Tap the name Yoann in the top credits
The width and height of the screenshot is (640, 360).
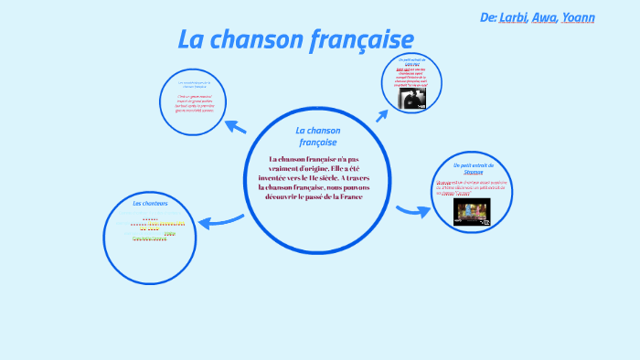[580, 17]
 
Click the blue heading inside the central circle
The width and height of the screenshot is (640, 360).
[317, 136]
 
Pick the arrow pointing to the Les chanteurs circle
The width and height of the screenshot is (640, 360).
[220, 219]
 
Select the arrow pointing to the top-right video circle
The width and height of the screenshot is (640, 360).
[382, 114]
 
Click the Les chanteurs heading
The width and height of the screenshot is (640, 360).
[150, 203]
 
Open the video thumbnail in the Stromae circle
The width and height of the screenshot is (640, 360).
[473, 212]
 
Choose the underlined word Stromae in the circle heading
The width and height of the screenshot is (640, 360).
[473, 172]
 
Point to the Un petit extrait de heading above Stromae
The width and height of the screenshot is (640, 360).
[473, 164]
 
